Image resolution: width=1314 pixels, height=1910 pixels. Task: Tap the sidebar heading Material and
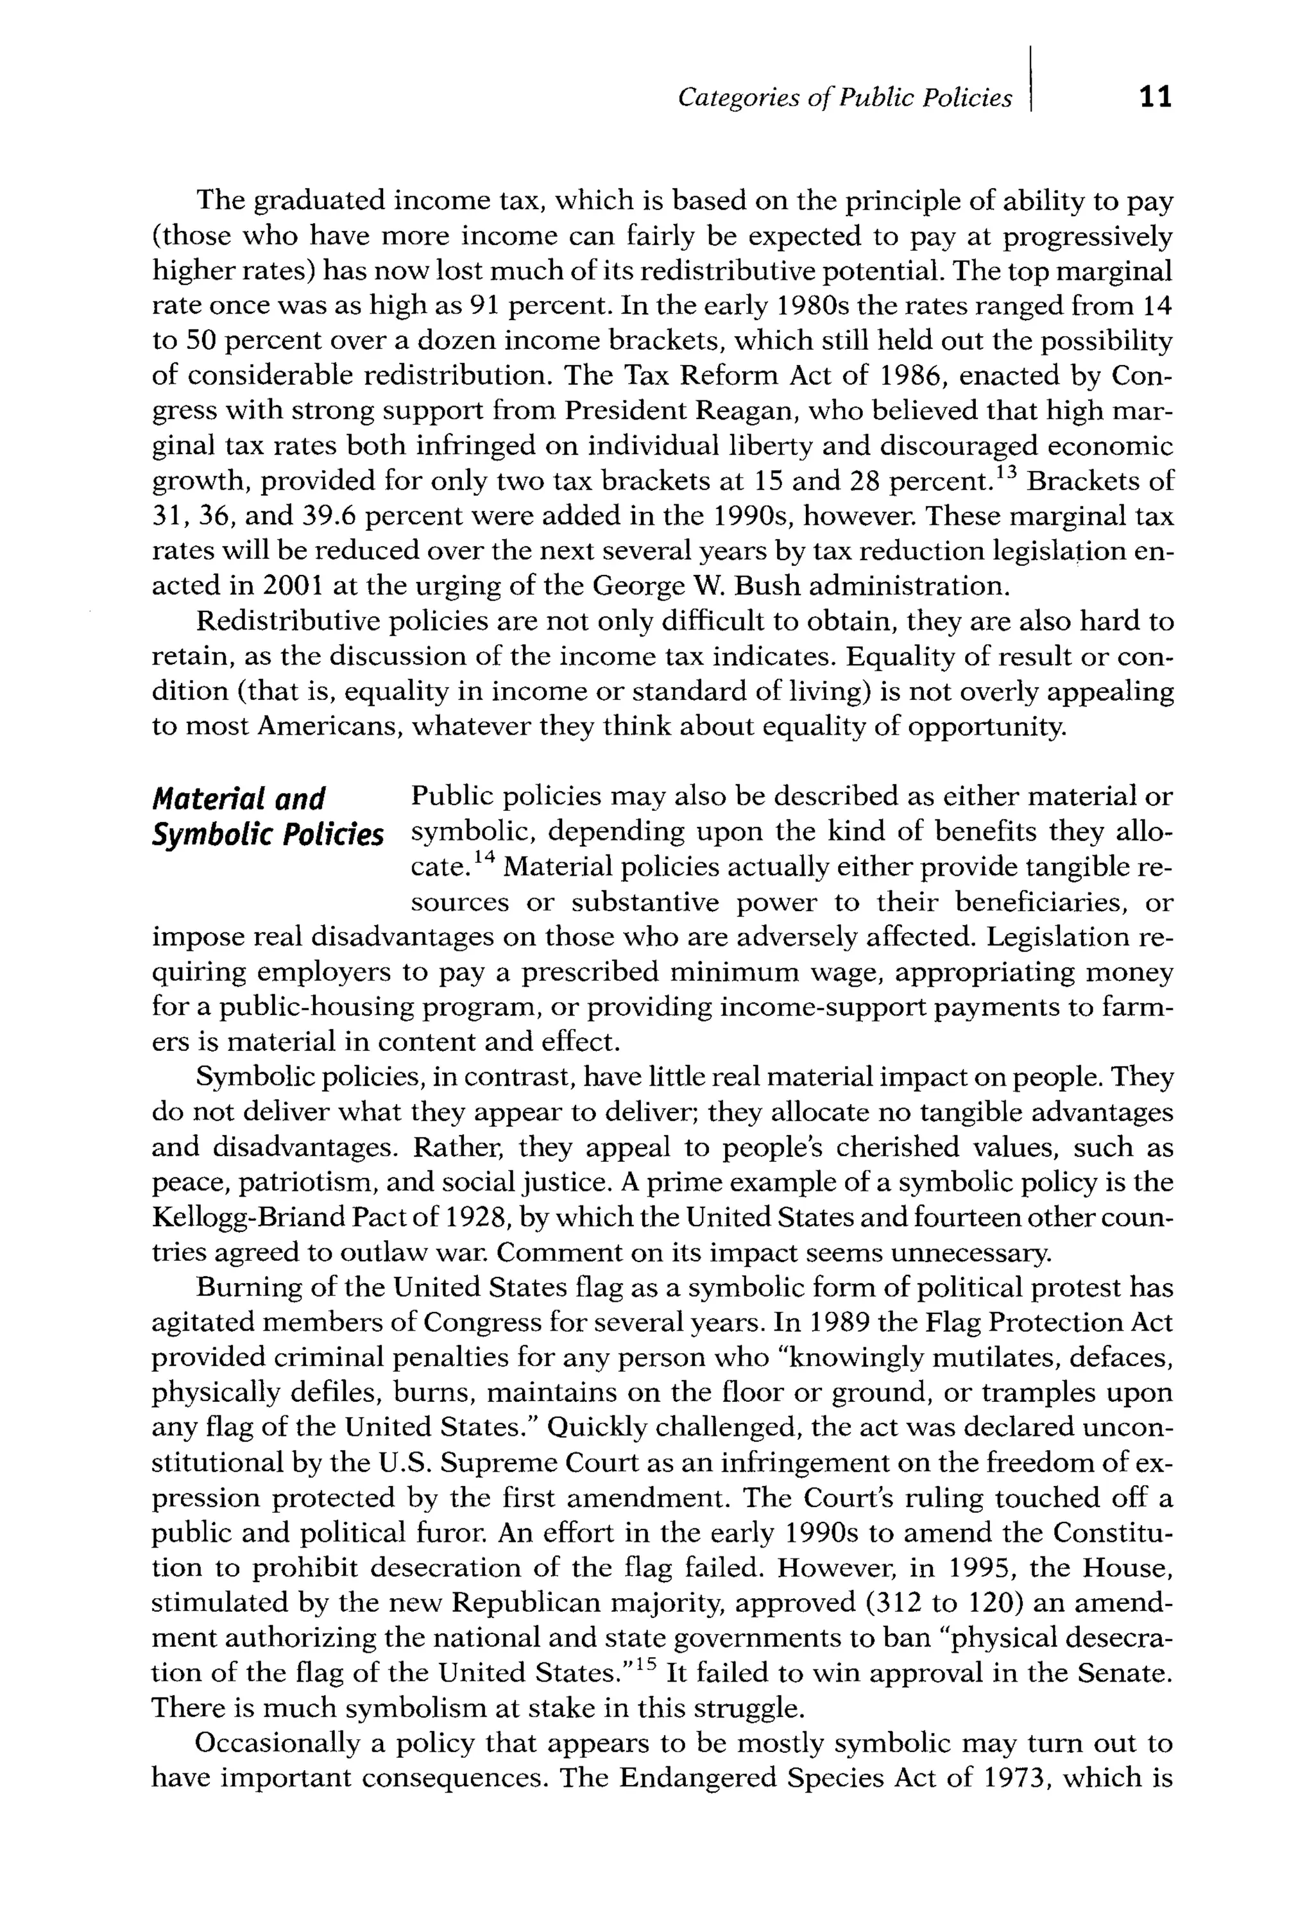pyautogui.click(x=239, y=799)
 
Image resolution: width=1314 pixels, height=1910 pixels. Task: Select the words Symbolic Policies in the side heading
pyautogui.click(x=268, y=835)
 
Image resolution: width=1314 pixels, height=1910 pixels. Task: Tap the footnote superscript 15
pyautogui.click(x=647, y=1664)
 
